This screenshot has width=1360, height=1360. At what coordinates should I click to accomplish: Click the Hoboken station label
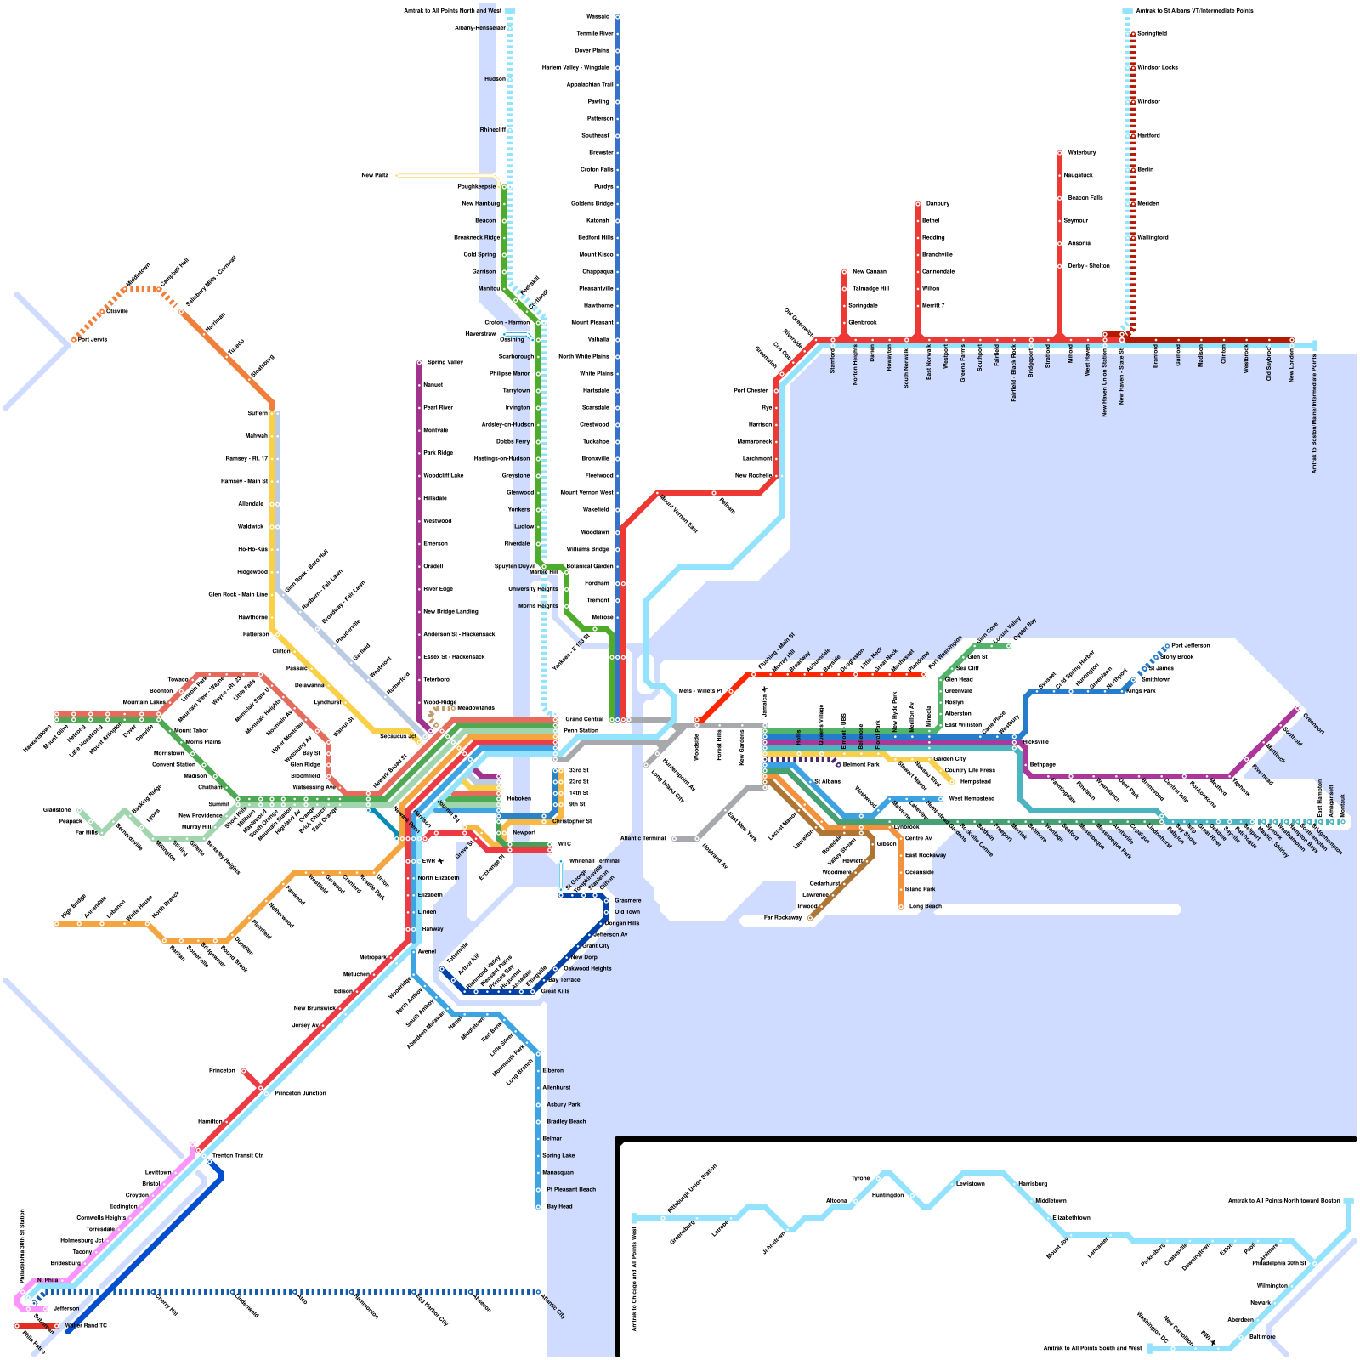518,798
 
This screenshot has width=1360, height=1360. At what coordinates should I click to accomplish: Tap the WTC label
564,844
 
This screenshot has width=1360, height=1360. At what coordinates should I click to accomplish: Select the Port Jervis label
93,339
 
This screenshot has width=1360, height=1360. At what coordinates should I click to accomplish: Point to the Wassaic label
598,16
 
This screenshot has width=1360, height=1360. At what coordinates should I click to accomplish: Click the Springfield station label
1152,33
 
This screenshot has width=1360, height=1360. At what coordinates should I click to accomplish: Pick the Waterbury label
1081,152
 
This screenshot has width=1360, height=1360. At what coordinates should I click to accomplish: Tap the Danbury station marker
918,204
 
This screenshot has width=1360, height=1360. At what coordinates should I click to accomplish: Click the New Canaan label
869,271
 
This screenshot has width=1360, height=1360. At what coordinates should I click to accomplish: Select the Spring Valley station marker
419,363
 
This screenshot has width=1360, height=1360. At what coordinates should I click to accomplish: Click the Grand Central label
584,719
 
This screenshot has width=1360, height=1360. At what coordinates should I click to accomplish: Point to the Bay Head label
559,1206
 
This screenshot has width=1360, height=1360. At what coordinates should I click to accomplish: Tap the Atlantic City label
553,1307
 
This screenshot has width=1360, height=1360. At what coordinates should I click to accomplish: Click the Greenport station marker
1297,707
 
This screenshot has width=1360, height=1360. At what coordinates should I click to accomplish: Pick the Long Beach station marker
901,907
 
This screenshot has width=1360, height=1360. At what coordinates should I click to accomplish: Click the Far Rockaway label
782,918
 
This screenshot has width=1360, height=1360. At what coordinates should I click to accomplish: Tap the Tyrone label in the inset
860,1178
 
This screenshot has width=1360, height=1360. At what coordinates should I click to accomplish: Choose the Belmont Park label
860,764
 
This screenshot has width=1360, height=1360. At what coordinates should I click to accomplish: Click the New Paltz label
374,175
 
